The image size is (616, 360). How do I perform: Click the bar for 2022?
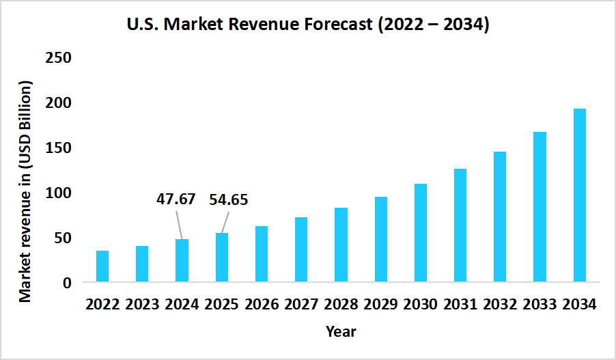click(102, 266)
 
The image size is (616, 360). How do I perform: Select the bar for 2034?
click(579, 195)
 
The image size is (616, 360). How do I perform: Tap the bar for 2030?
click(420, 233)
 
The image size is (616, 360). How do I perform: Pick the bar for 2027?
click(301, 249)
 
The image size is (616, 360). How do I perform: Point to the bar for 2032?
click(500, 217)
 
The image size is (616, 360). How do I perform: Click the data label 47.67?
click(176, 199)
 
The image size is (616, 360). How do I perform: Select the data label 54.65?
click(228, 200)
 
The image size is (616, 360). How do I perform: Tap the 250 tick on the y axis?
click(58, 57)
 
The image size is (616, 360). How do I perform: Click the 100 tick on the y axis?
click(58, 193)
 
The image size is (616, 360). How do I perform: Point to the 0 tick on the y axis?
click(67, 283)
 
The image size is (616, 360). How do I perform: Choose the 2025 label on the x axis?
click(222, 305)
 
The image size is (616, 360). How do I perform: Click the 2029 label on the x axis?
click(380, 305)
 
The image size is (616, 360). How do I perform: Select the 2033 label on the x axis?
click(540, 305)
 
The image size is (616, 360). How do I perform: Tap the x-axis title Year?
click(341, 332)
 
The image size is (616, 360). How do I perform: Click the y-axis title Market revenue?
click(25, 191)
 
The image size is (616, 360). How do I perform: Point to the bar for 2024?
click(182, 260)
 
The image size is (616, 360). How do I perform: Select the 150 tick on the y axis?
click(58, 148)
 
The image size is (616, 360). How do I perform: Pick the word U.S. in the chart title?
click(142, 26)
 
